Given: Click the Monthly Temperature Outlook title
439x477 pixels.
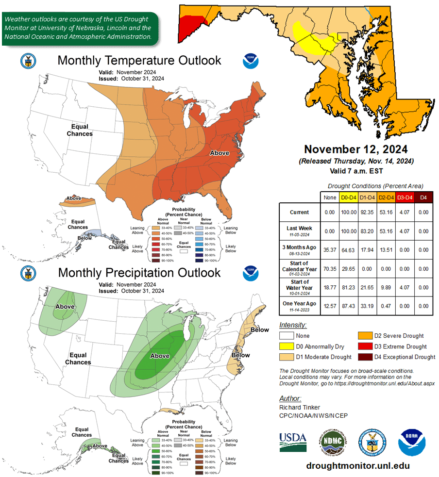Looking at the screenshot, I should pyautogui.click(x=139, y=61).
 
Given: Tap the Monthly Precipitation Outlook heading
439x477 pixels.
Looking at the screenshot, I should pyautogui.click(x=139, y=273).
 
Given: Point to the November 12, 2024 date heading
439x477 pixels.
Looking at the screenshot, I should pyautogui.click(x=356, y=149).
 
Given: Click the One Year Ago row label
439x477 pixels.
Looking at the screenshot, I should pyautogui.click(x=300, y=306).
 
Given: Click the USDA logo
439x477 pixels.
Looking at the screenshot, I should pyautogui.click(x=293, y=441).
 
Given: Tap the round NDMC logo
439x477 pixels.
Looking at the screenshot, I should pyautogui.click(x=333, y=441).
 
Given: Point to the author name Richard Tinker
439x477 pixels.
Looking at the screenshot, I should pyautogui.click(x=300, y=408).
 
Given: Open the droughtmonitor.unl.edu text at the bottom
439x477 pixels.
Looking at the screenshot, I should pyautogui.click(x=358, y=465).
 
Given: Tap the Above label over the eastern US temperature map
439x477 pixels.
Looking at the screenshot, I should pyautogui.click(x=219, y=153).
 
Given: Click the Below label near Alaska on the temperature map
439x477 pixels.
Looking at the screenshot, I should pyautogui.click(x=84, y=238).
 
